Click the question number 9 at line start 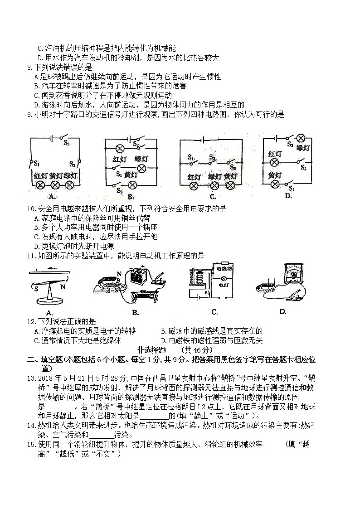click(29, 115)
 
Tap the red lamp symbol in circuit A click(40, 185)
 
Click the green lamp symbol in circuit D click(300, 138)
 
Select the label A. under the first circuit click(51, 196)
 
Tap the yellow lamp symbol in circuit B click(132, 185)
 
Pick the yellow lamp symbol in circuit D click(274, 184)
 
